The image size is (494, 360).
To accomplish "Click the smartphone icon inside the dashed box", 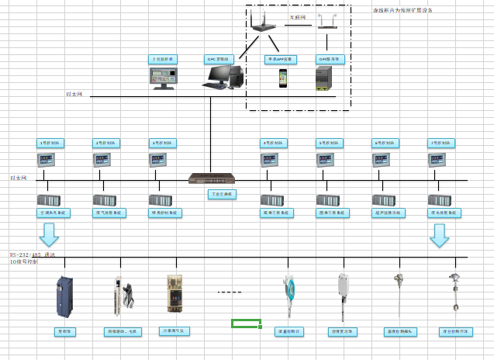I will [x=285, y=78].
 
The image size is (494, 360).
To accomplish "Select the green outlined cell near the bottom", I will [x=246, y=323].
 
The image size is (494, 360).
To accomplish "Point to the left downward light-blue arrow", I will [x=50, y=234].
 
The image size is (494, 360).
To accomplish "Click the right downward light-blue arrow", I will [x=440, y=234].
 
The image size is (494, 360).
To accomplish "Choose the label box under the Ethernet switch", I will [x=221, y=194].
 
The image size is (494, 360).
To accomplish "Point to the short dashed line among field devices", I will [x=229, y=292].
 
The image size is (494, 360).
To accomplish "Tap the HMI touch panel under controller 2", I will [x=104, y=160].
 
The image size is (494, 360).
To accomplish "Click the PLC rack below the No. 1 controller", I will [x=48, y=199].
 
